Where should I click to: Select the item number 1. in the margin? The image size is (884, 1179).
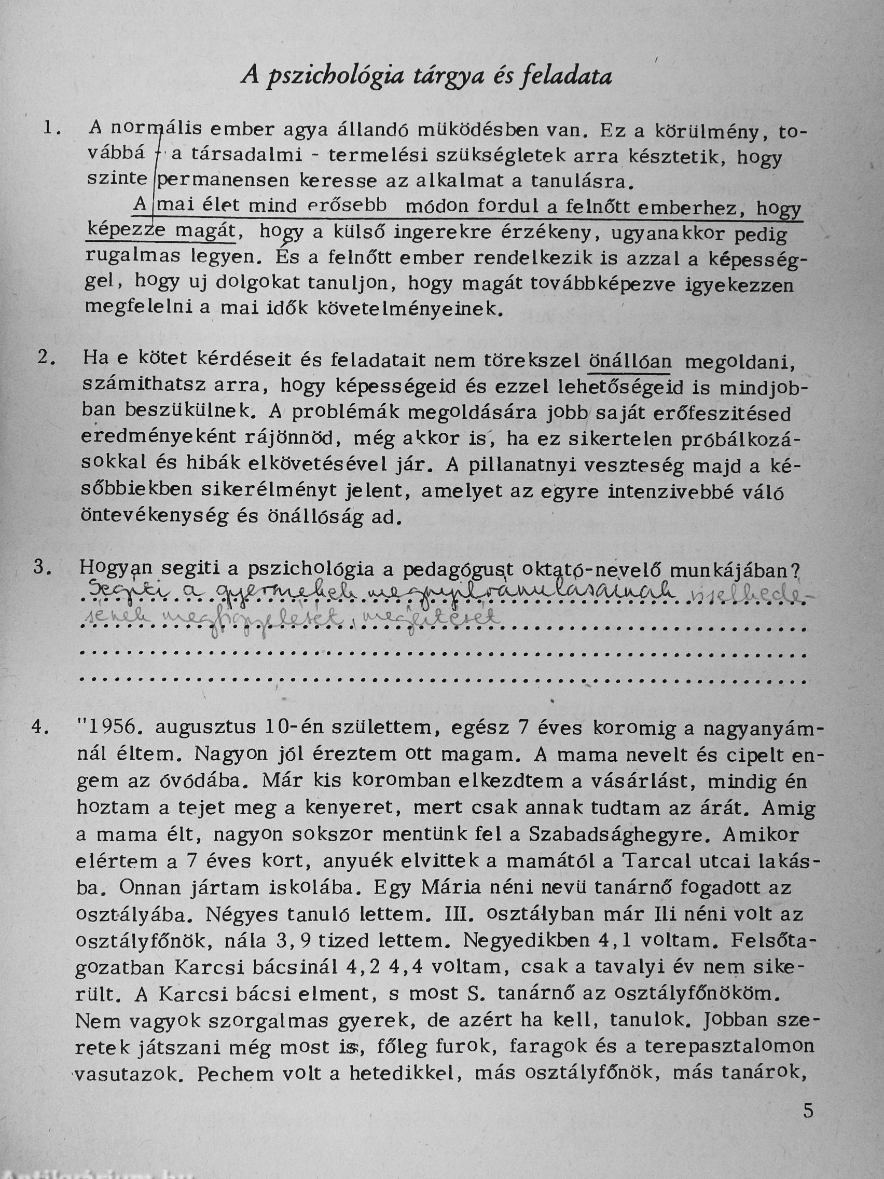53,129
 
